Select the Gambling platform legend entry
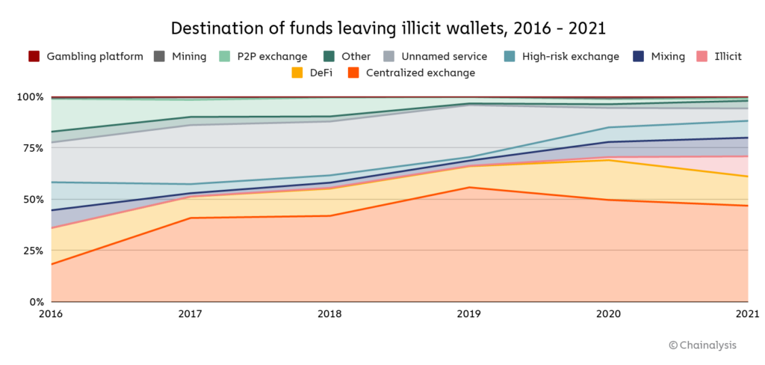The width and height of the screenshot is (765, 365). point(85,56)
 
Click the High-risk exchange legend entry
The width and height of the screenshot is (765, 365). point(561,56)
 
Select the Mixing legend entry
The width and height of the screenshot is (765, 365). point(660,56)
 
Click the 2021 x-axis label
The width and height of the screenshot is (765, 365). point(746,315)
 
